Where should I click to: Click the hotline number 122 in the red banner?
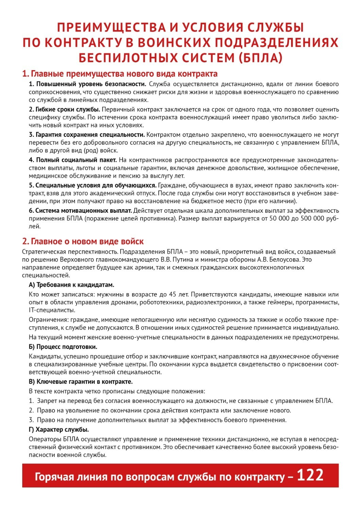pyautogui.click(x=310, y=475)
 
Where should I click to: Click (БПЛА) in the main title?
pyautogui.click(x=260, y=58)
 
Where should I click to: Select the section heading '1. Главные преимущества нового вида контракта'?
pyautogui.click(x=120, y=74)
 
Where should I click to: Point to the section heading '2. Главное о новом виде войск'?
pyautogui.click(x=83, y=241)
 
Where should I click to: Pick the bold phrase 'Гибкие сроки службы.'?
pyautogui.click(x=65, y=109)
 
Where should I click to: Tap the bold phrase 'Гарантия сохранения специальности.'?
pyautogui.click(x=87, y=135)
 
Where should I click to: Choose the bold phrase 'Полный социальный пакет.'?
pyautogui.click(x=73, y=160)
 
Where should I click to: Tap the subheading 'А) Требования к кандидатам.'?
pyautogui.click(x=71, y=285)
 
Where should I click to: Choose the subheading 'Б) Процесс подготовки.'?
pyautogui.click(x=63, y=347)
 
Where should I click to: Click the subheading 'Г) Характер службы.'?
pyautogui.click(x=59, y=430)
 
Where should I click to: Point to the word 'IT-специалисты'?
pyautogui.click(x=52, y=310)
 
